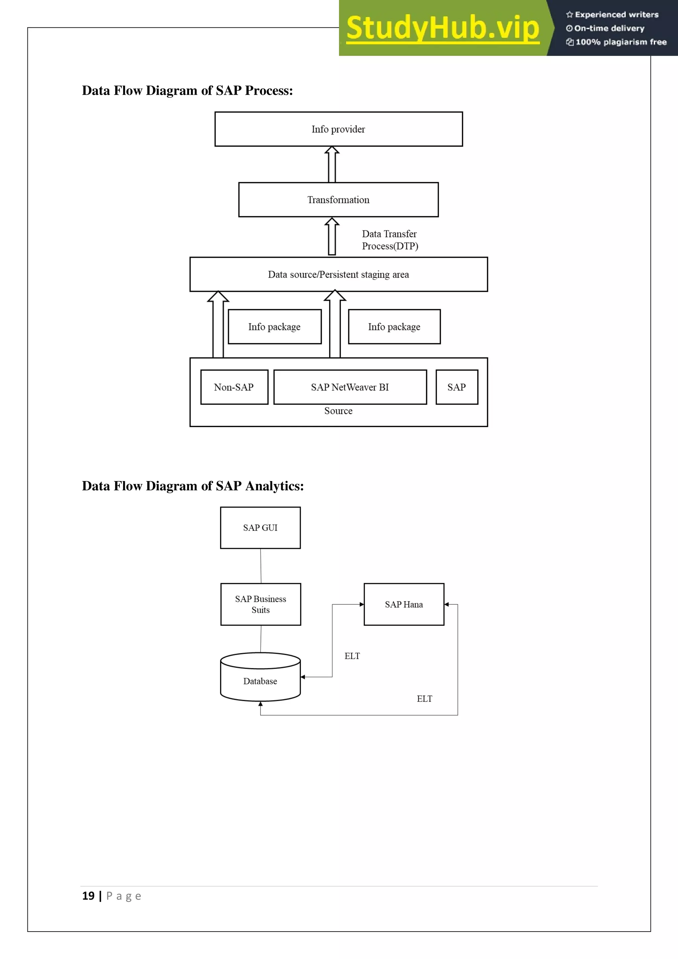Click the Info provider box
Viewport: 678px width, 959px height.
coord(338,129)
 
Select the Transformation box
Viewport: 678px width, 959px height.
coord(338,200)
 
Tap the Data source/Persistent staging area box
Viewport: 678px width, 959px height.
coord(338,274)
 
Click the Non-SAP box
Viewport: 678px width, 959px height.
coord(234,387)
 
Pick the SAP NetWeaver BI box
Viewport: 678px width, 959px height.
coord(350,387)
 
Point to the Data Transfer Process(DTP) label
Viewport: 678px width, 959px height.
coord(390,240)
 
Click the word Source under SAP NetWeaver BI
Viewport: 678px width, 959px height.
coord(338,411)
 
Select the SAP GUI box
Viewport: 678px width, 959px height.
coord(260,528)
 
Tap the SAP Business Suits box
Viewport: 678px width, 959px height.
coord(261,604)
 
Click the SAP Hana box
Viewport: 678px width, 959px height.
coord(404,604)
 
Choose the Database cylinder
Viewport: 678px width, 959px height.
coord(260,678)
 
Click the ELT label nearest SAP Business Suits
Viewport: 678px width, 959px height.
coord(352,656)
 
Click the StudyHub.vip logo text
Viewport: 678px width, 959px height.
coord(443,28)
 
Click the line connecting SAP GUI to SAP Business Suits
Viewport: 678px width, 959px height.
coord(261,566)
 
